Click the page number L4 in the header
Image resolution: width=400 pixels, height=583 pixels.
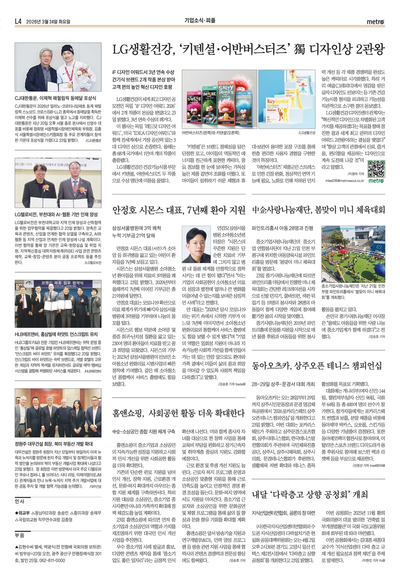pos(18,22)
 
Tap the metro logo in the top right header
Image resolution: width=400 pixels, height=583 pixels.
pos(375,22)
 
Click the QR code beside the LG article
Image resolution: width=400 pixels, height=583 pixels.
pos(376,169)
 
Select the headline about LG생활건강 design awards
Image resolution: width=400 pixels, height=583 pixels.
pos(248,50)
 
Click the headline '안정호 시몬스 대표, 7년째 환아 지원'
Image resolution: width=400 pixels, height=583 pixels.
pos(179,210)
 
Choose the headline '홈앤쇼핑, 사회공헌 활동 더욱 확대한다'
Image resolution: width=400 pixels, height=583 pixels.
pos(179,413)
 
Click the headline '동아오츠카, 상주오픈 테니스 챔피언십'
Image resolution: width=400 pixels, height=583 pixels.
pos(317,366)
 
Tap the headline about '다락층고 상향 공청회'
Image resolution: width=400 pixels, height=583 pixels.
pos(310,495)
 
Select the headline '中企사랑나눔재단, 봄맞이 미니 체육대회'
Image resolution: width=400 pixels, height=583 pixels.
pos(318,210)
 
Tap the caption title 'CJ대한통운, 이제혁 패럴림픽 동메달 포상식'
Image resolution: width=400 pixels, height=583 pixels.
pos(55,98)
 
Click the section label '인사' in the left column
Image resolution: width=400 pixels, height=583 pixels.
pos(20,501)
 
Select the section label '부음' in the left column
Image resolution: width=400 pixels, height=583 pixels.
pos(20,535)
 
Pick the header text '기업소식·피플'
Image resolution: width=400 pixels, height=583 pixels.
pos(200,20)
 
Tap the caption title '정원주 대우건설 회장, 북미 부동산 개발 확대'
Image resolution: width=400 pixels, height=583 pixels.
pos(54,444)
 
